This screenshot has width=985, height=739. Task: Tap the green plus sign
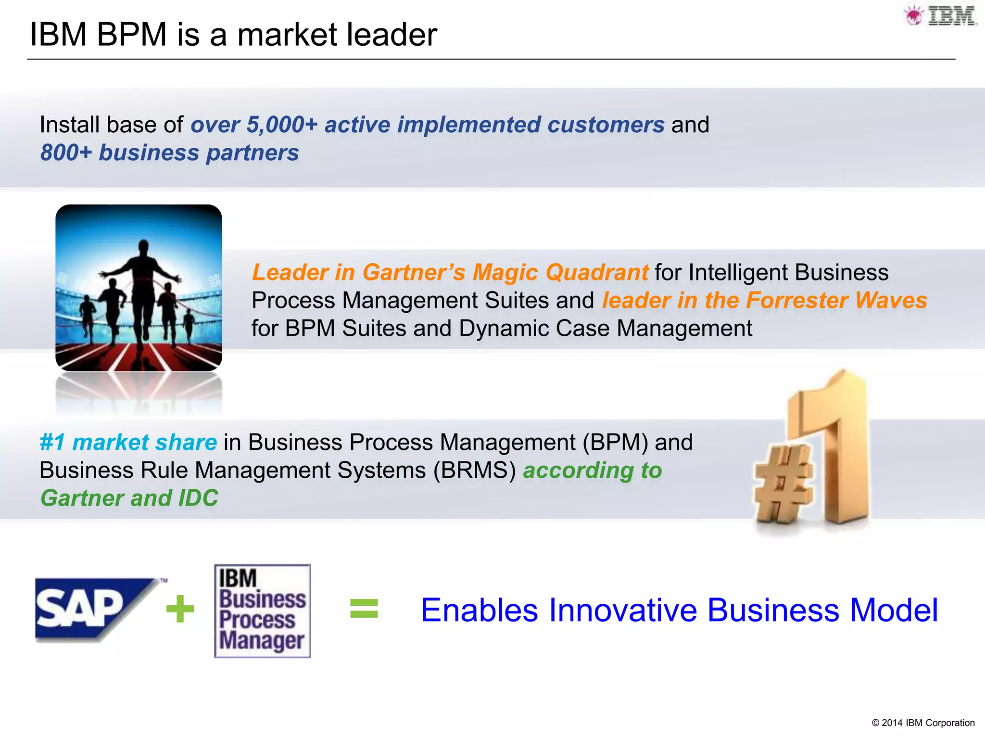click(180, 609)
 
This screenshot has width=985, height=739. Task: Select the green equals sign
click(364, 608)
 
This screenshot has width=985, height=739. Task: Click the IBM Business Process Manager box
click(263, 611)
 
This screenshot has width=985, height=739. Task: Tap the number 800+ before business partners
click(66, 153)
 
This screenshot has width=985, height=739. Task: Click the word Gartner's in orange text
click(414, 272)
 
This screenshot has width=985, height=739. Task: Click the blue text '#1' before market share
click(52, 442)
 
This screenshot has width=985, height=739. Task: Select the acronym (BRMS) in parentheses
click(474, 470)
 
